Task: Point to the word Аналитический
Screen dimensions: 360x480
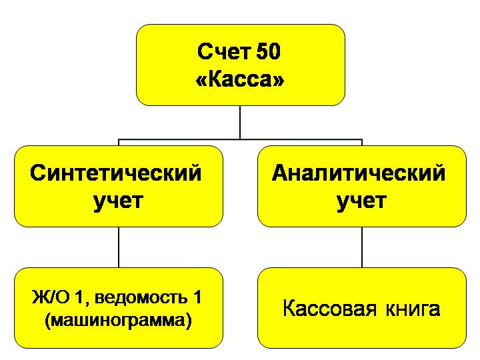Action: pyautogui.click(x=359, y=173)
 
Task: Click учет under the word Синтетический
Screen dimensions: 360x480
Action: pyautogui.click(x=119, y=201)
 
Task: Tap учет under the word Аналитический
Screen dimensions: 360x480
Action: pyautogui.click(x=361, y=201)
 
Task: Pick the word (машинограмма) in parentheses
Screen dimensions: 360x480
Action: pyautogui.click(x=119, y=321)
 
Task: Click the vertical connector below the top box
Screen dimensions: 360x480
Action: pyautogui.click(x=241, y=123)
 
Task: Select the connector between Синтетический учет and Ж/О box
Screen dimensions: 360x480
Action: pyautogui.click(x=119, y=247)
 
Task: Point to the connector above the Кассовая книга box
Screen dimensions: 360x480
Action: pyautogui.click(x=362, y=247)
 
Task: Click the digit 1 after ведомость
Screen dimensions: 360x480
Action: pyautogui.click(x=196, y=297)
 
